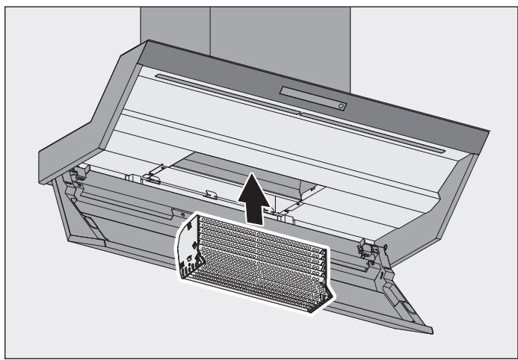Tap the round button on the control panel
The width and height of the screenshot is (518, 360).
coord(342,106)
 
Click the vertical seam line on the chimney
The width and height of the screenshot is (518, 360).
coord(209,26)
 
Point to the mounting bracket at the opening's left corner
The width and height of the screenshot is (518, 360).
coord(153,178)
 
